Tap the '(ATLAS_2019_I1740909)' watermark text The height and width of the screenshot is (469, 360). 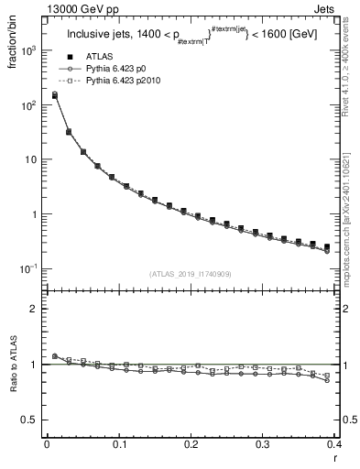click(190, 274)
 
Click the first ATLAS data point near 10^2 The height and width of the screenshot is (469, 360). click(54, 94)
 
